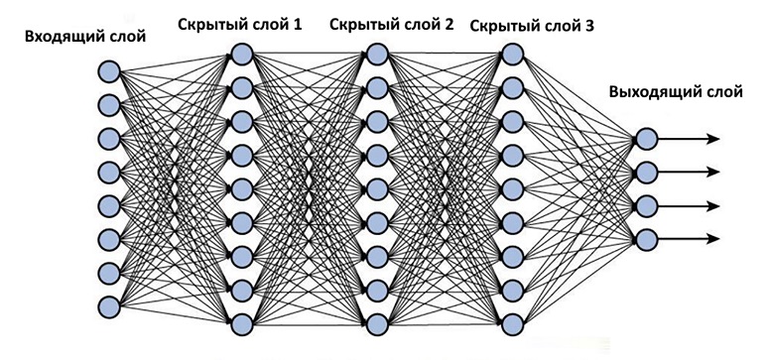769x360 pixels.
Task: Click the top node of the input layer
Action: click(x=108, y=71)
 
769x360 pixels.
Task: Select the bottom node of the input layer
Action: click(x=108, y=302)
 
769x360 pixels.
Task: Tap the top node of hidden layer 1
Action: click(x=240, y=53)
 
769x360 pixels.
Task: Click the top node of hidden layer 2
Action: click(x=375, y=53)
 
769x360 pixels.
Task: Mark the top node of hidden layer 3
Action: click(x=511, y=53)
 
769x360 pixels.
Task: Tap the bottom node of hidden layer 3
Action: click(x=511, y=322)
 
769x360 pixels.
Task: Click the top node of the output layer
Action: click(x=646, y=139)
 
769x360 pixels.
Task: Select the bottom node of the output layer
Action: click(x=646, y=238)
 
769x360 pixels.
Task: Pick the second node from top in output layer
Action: click(x=646, y=172)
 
